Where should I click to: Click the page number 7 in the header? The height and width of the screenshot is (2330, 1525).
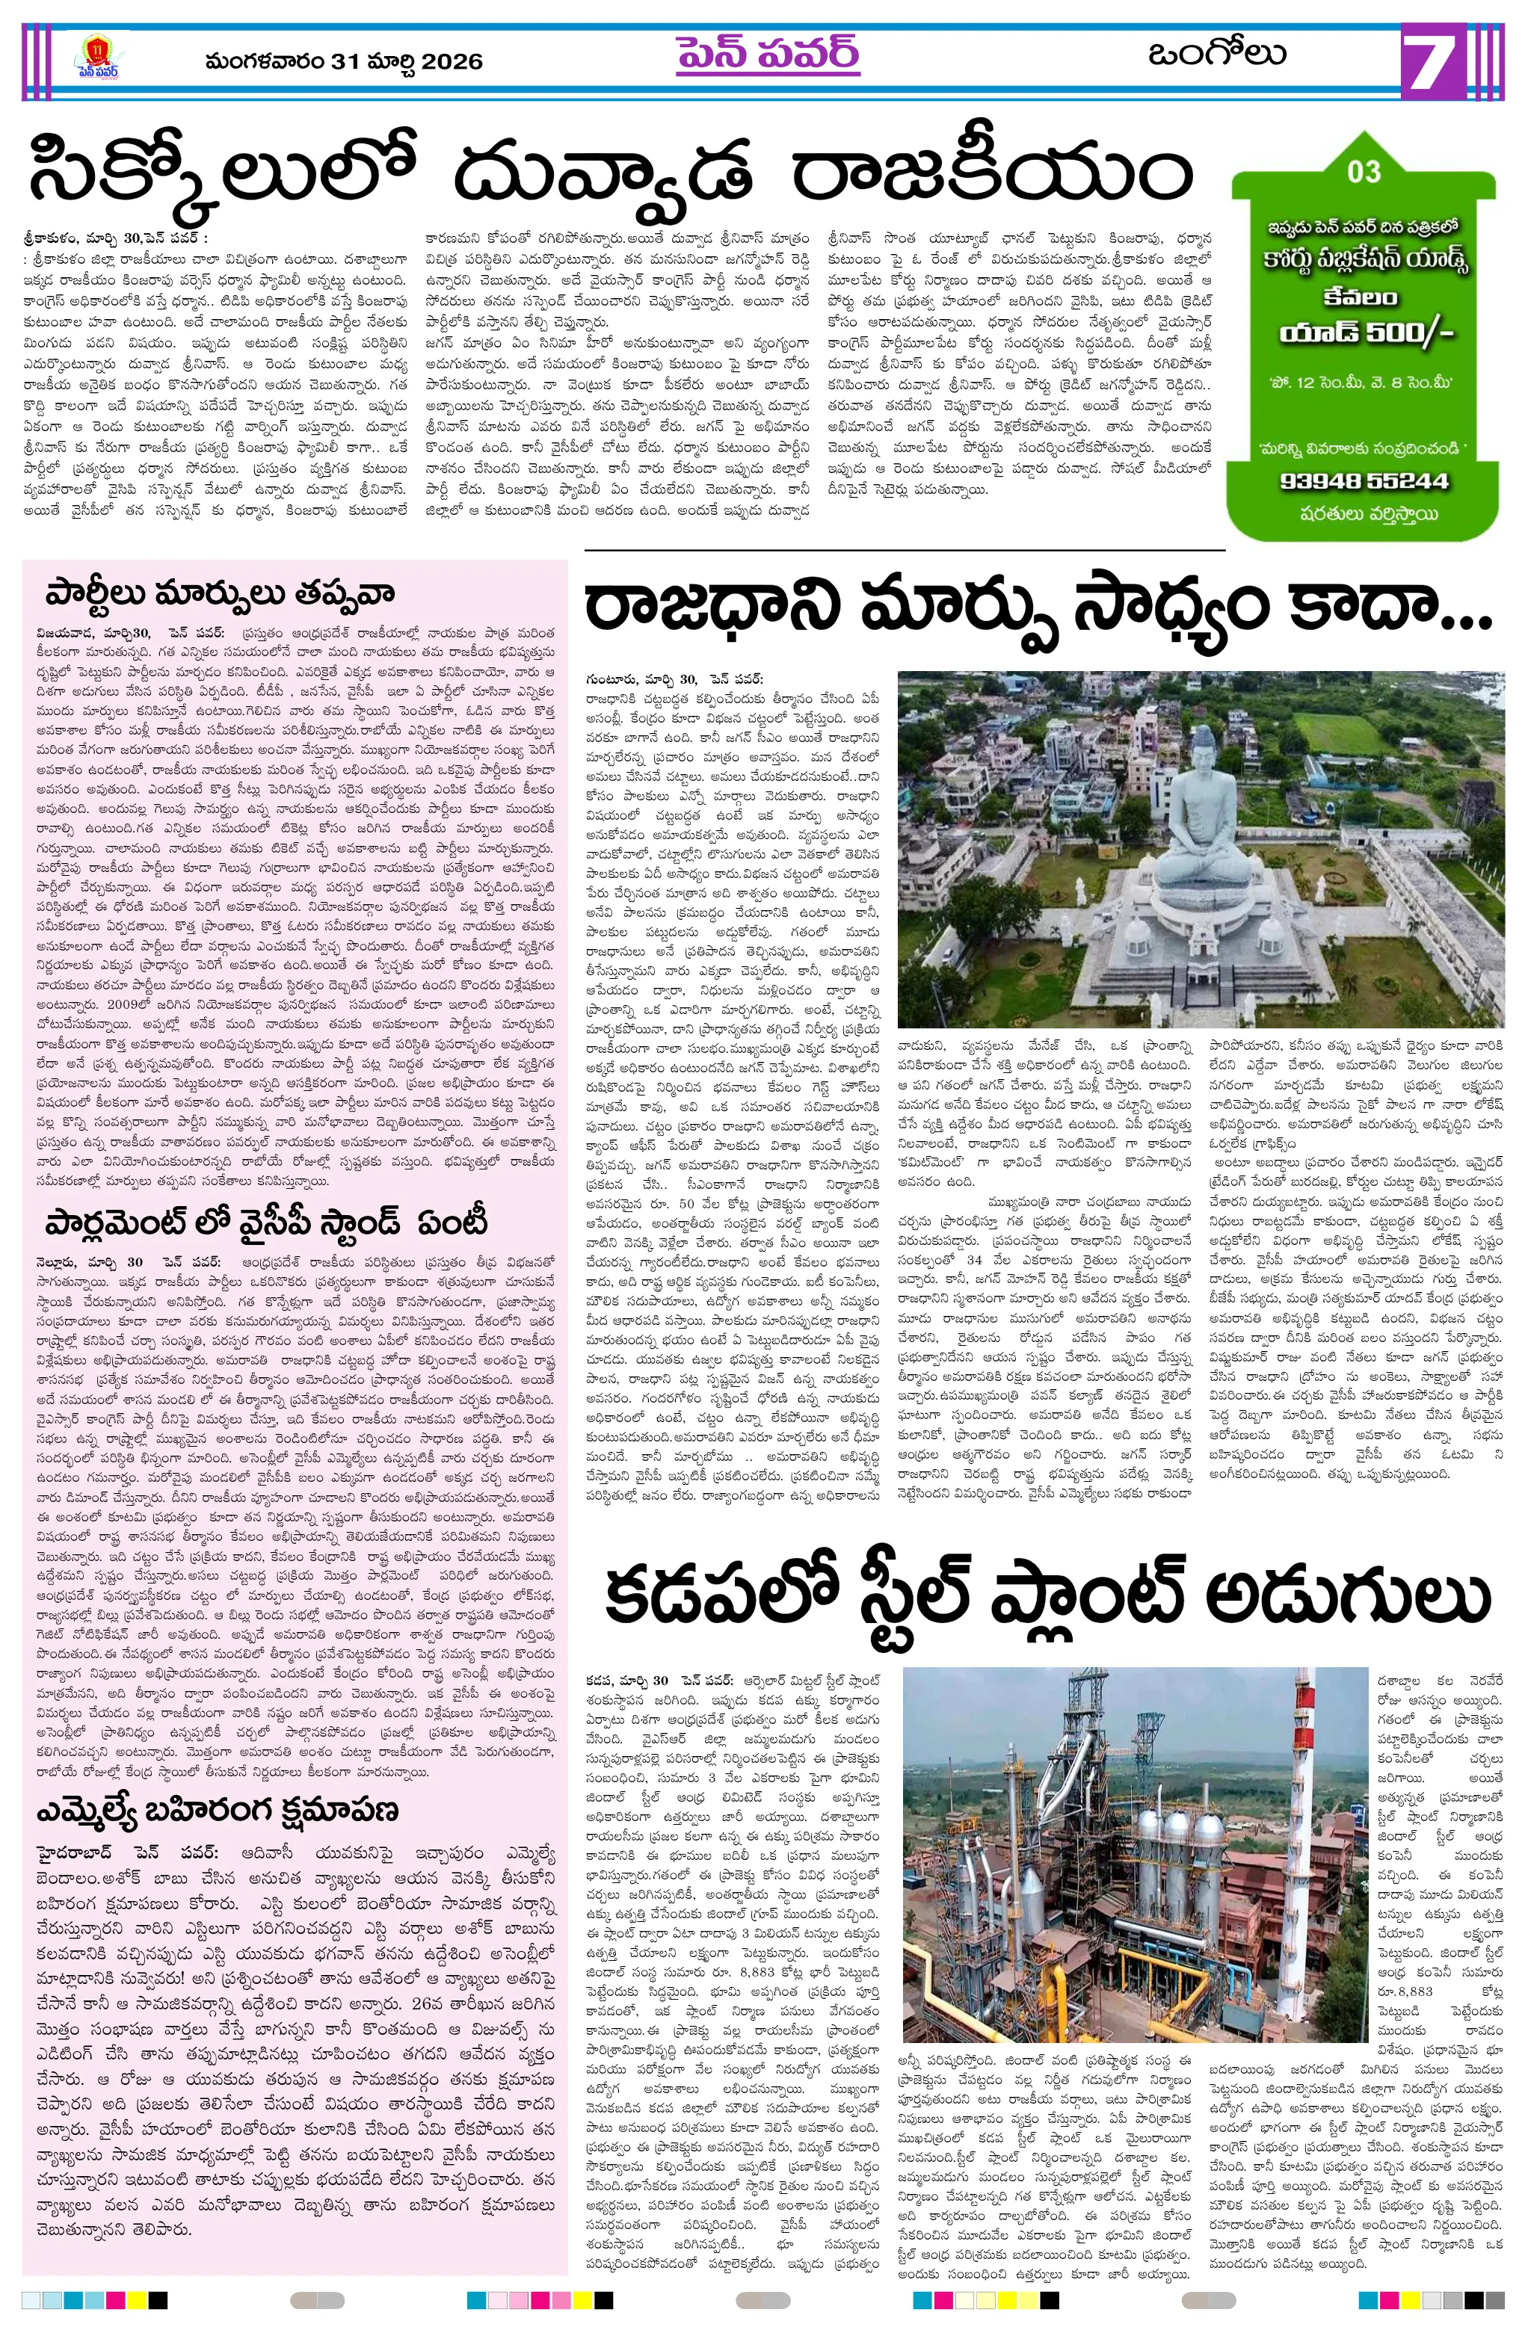click(1437, 63)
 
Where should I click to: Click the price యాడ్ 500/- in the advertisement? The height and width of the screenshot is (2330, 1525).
click(1365, 333)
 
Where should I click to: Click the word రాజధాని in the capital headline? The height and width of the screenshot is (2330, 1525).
click(712, 608)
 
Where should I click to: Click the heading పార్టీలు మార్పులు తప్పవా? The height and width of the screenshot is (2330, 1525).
click(219, 593)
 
